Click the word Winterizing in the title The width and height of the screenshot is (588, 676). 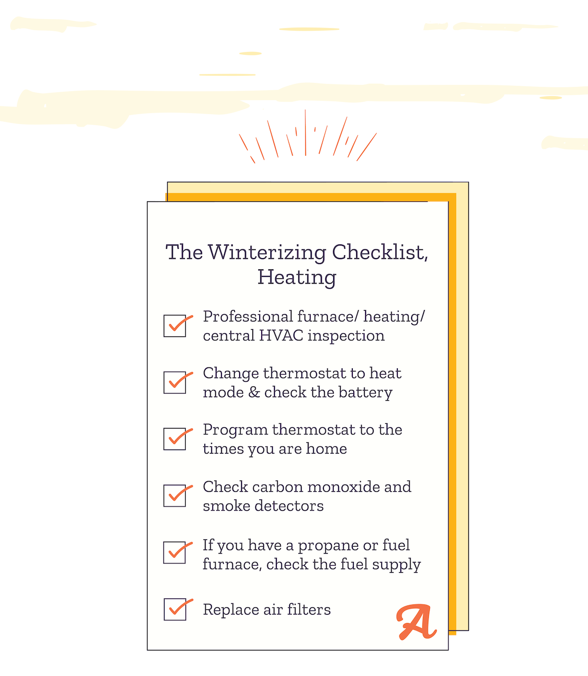coord(267,253)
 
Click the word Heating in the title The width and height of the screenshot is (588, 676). coord(297,278)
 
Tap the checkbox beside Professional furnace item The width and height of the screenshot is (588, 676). coord(174,326)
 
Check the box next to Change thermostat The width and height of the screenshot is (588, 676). coord(174,382)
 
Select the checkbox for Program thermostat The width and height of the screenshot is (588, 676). coord(174,439)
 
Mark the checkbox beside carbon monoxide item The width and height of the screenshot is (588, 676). coord(174,496)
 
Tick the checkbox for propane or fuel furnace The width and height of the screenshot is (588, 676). coord(174,553)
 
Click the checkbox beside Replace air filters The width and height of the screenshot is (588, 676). coord(175,609)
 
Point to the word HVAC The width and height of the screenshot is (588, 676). coord(281,336)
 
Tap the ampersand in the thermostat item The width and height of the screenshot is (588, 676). coord(254,392)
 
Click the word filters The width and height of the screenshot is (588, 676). coord(309,609)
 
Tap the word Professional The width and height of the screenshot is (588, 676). coord(248,316)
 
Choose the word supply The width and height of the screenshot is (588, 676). coord(396,565)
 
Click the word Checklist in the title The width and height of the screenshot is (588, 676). coord(380,253)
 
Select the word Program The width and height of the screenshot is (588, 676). coord(235,431)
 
